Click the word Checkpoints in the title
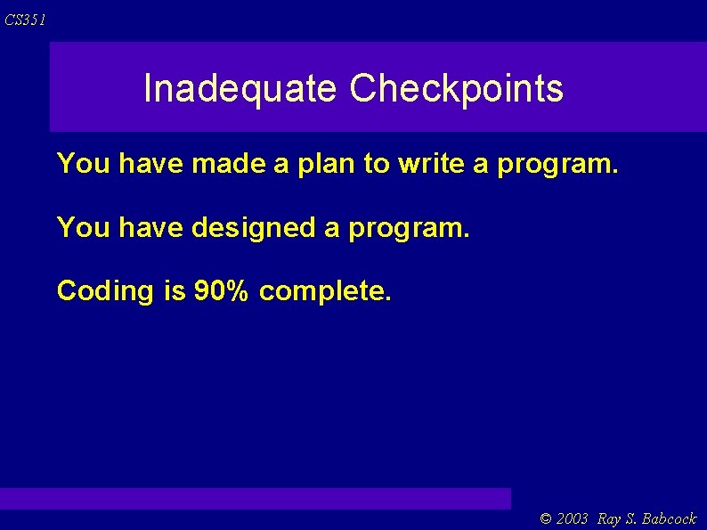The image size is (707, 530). point(456,89)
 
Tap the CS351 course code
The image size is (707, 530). point(25,20)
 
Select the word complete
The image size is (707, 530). point(325,291)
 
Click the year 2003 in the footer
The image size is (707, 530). point(572,519)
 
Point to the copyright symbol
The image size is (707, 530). point(546,519)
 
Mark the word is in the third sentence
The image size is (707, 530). point(174,290)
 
